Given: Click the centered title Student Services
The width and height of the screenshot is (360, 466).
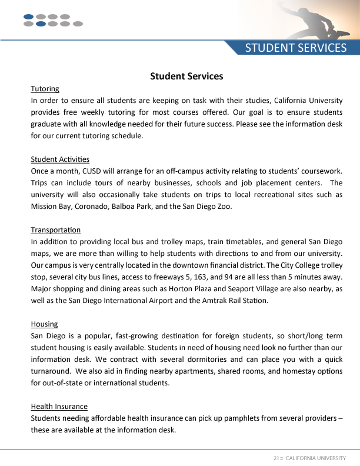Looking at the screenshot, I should tap(186, 76).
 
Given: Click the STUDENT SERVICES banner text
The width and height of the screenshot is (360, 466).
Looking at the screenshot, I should tap(295, 48).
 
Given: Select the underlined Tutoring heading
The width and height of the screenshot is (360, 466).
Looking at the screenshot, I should tap(45, 89).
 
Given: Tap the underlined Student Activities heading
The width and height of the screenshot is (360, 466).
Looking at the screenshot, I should tap(60, 159).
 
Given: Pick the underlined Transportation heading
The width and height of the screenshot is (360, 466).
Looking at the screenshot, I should tap(55, 229).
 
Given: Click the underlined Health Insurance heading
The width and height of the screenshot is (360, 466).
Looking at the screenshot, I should tap(59, 406).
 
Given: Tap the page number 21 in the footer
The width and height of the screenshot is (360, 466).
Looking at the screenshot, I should tap(275, 458).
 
